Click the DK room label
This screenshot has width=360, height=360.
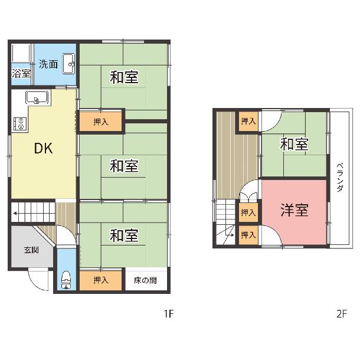point(43,148)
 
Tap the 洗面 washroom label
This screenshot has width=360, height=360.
point(48,64)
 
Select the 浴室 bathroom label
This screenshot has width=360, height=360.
point(21,73)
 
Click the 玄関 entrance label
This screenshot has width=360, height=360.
point(31,250)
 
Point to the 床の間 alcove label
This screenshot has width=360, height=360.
point(145,280)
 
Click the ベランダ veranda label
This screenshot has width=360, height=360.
point(341,177)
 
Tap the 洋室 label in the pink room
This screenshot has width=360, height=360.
point(294,210)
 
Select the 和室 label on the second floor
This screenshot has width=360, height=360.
point(294,144)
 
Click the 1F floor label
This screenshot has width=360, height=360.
point(169,313)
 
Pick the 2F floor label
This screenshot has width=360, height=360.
point(342,313)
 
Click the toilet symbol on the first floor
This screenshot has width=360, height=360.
point(66,280)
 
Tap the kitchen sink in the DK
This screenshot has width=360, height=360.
point(37,97)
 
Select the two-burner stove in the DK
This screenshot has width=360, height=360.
point(20,123)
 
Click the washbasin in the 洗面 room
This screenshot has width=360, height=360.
point(69,64)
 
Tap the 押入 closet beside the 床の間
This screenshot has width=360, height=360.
point(100,280)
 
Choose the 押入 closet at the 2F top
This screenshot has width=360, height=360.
point(248,121)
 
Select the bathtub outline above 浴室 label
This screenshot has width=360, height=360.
point(21,53)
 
